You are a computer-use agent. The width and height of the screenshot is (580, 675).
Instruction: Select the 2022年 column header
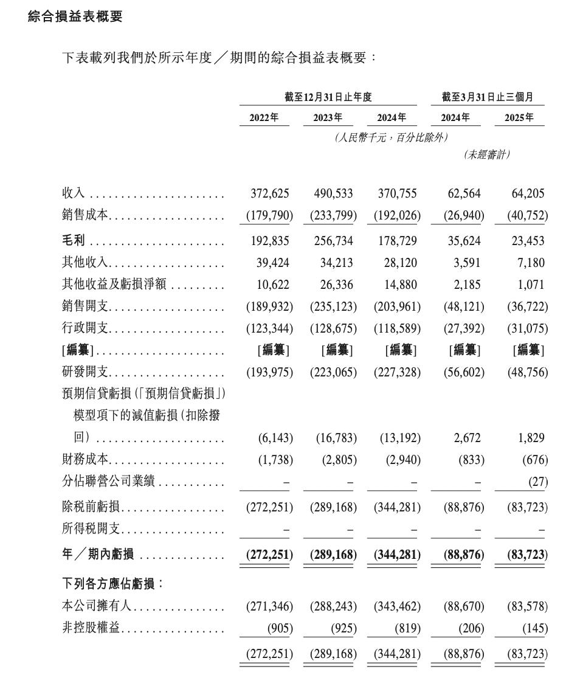point(264,117)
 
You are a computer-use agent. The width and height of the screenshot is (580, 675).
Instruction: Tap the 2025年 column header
point(519,117)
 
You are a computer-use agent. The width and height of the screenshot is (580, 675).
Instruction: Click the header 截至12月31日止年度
point(328,97)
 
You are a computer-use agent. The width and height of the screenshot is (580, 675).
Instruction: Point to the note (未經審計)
point(486,154)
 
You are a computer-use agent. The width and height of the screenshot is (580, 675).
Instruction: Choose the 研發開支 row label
point(85,372)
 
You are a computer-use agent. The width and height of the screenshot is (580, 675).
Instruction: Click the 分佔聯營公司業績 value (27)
point(537,482)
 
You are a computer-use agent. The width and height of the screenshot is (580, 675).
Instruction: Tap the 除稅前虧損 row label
point(90,507)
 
